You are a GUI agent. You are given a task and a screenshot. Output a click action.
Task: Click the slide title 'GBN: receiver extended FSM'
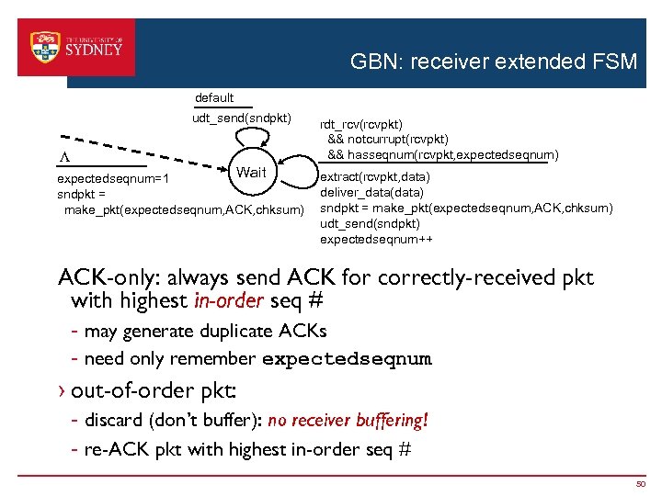point(493,62)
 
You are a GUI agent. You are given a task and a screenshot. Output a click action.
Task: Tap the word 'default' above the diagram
point(214,97)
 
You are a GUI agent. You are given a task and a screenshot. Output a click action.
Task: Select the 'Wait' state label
point(251,173)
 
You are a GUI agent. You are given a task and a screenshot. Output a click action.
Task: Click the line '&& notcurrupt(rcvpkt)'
point(388,140)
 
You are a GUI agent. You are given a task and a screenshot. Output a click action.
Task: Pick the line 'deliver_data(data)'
point(371,192)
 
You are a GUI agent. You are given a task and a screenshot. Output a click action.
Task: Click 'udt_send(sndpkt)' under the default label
point(241,118)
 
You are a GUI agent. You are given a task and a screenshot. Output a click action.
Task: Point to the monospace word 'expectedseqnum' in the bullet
point(347,359)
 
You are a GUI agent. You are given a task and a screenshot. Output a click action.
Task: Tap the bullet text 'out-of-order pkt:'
point(154,390)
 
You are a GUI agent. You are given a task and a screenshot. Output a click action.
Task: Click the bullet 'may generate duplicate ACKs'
point(205,331)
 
